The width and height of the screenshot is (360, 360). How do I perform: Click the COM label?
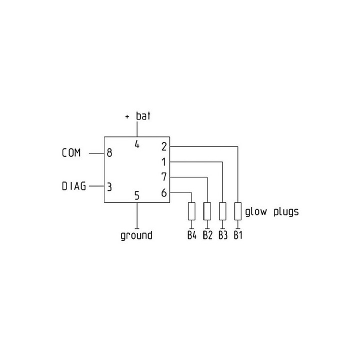tap(71, 152)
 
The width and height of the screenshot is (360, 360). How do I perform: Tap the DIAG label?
tap(74, 186)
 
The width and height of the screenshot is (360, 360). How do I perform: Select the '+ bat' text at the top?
tap(138, 116)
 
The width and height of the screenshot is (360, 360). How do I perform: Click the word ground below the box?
tap(136, 236)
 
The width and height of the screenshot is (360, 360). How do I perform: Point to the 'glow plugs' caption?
tap(272, 211)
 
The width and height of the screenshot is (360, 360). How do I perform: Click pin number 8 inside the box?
tap(109, 153)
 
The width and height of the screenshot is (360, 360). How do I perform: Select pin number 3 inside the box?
tap(109, 187)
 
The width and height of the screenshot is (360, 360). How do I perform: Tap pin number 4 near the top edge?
tap(137, 144)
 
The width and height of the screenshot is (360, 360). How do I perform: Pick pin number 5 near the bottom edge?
tap(137, 195)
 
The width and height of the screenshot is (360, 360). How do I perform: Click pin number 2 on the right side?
tap(164, 146)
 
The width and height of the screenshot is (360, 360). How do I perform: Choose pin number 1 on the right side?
tap(163, 162)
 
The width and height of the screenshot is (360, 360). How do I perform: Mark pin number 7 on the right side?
tap(164, 177)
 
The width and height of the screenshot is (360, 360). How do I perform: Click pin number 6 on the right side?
tap(164, 193)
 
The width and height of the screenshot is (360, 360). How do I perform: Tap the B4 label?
tap(192, 235)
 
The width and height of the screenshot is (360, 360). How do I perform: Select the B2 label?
tap(207, 235)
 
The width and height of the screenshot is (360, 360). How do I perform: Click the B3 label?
tap(223, 235)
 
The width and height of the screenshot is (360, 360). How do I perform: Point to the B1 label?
tap(238, 235)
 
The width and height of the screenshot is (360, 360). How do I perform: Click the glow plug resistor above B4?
tap(191, 211)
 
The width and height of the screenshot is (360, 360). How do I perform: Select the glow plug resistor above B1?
tap(238, 211)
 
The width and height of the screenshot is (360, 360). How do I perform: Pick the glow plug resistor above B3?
tap(222, 211)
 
